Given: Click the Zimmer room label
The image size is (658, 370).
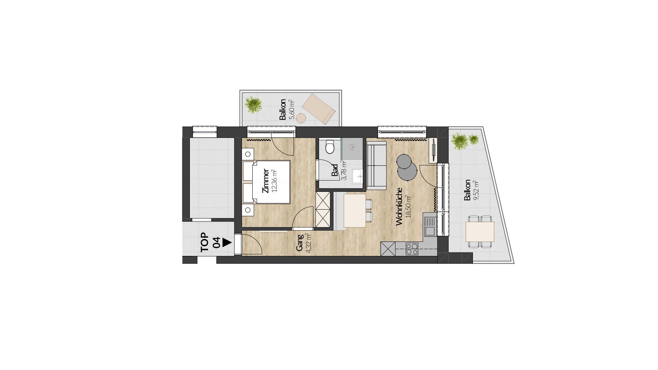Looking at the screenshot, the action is (x=265, y=181).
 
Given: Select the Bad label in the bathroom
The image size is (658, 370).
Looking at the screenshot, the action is (x=335, y=170).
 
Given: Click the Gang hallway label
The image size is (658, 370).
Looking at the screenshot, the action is (x=300, y=243).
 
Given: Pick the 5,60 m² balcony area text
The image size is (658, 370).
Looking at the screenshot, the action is (x=292, y=109).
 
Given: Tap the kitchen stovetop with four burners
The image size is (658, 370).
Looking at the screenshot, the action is (x=412, y=248).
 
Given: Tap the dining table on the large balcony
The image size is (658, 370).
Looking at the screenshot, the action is (x=480, y=232).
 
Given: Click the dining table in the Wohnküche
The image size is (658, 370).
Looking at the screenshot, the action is (x=355, y=210).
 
